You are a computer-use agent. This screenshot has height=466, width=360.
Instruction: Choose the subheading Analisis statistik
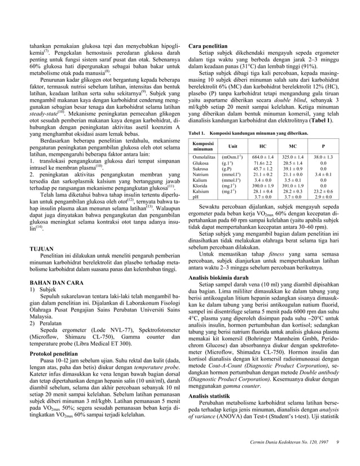(x=209, y=396)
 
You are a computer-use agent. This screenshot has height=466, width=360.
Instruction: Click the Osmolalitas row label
(x=204, y=157)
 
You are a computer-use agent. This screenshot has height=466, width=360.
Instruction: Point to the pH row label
(x=195, y=197)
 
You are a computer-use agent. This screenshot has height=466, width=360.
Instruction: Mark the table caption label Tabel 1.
(x=197, y=131)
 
